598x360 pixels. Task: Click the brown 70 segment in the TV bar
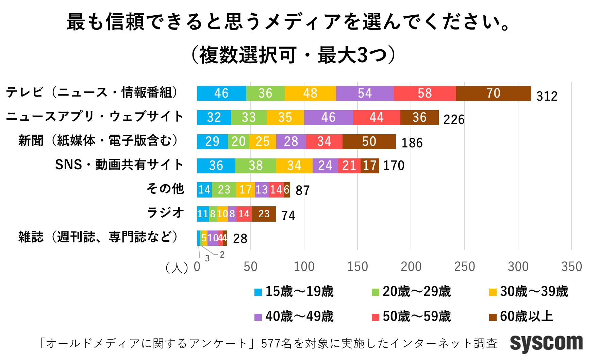point(493,93)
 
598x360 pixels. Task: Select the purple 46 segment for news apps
point(328,118)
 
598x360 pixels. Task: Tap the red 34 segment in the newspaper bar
point(324,142)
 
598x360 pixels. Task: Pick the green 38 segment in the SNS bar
point(255,166)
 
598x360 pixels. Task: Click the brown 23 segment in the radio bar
point(264,214)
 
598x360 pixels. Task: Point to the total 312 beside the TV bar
point(547,96)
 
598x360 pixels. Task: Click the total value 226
point(454,120)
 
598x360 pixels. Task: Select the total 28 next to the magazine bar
point(240,239)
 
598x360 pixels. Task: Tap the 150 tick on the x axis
point(358,267)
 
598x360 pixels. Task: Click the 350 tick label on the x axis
point(571,267)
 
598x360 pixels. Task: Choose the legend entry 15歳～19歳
point(294,292)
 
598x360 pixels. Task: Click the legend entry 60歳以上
point(521,316)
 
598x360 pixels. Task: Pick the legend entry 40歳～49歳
point(294,316)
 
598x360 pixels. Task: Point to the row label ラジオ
point(165,213)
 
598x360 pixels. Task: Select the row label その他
point(165,189)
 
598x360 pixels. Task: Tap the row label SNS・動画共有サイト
point(119,165)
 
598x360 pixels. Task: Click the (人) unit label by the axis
point(177,268)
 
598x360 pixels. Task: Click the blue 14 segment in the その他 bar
point(204,190)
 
